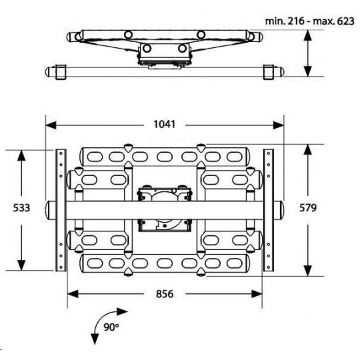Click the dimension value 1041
pyautogui.click(x=165, y=125)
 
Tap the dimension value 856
pyautogui.click(x=165, y=294)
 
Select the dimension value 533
pyautogui.click(x=21, y=208)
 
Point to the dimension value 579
pyautogui.click(x=308, y=208)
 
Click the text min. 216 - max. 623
pyautogui.click(x=310, y=21)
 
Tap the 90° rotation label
pyautogui.click(x=111, y=327)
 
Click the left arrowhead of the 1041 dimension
pyautogui.click(x=51, y=125)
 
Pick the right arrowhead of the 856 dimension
pyautogui.click(x=257, y=294)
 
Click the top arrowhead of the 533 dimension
pyautogui.click(x=21, y=155)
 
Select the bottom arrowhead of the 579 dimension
pyautogui.click(x=308, y=271)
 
